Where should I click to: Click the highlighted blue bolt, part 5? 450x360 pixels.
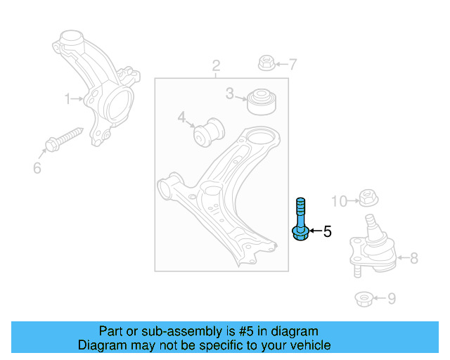click(300, 221)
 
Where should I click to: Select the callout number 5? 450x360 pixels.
click(327, 231)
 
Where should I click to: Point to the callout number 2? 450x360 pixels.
click(217, 66)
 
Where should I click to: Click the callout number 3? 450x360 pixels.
click(230, 93)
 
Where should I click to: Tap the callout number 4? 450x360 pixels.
click(181, 117)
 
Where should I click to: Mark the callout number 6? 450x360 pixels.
click(37, 168)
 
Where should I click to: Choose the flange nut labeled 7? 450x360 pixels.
click(266, 63)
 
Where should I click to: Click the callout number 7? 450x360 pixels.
click(292, 65)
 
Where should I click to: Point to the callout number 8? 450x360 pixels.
click(413, 258)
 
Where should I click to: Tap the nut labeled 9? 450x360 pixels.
click(363, 299)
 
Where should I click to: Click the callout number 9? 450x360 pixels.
click(392, 299)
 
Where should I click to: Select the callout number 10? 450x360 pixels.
click(339, 202)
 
